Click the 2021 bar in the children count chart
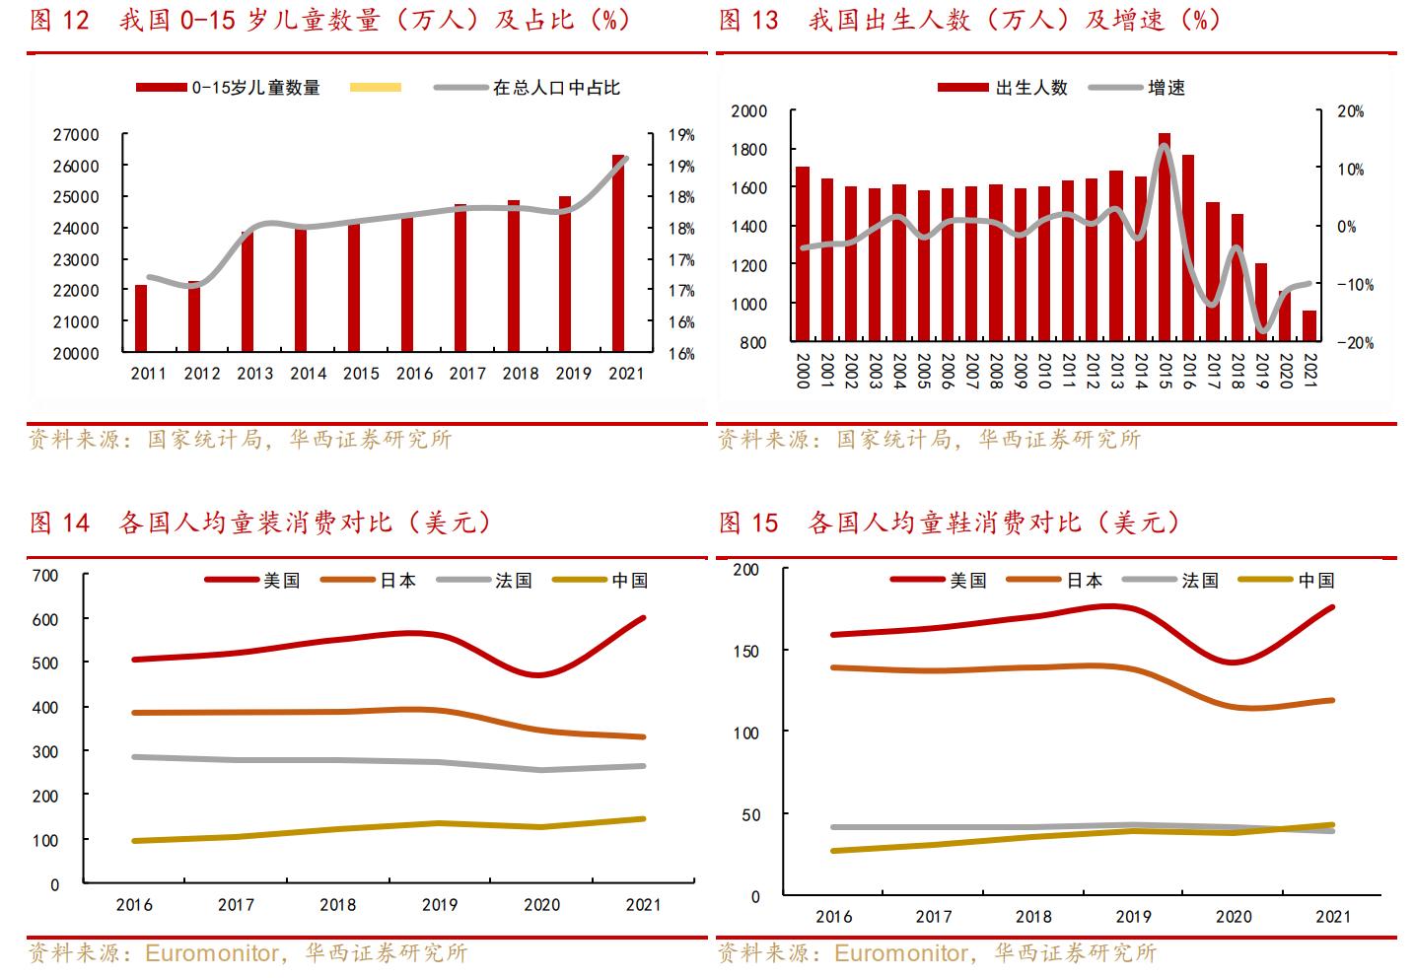click(618, 253)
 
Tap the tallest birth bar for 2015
click(1164, 237)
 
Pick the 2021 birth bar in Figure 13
click(1308, 326)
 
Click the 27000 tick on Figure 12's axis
click(76, 135)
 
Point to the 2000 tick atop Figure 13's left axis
click(749, 111)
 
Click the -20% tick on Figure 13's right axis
click(1350, 343)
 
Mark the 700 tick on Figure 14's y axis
click(46, 575)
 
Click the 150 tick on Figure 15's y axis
click(747, 651)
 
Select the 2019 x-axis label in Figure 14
click(440, 905)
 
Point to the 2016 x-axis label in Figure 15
click(833, 917)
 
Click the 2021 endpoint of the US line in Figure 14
click(643, 618)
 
